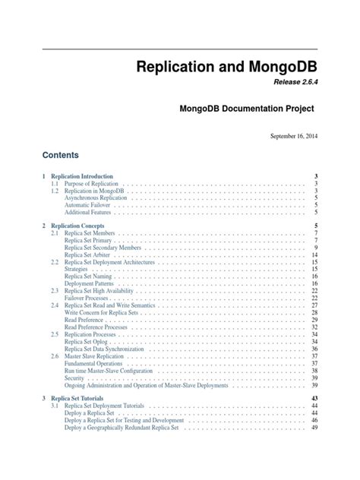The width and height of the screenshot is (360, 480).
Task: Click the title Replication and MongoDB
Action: pyautogui.click(x=226, y=66)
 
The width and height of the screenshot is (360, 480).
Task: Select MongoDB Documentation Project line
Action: pyautogui.click(x=246, y=109)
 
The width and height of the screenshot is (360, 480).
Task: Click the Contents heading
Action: pyautogui.click(x=61, y=155)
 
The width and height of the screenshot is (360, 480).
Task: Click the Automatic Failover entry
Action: pyautogui.click(x=90, y=205)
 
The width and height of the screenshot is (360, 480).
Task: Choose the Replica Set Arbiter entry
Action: pyautogui.click(x=88, y=254)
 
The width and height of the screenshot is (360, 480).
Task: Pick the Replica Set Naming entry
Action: pyautogui.click(x=90, y=276)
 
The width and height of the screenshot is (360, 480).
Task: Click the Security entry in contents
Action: pyautogui.click(x=74, y=376)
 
